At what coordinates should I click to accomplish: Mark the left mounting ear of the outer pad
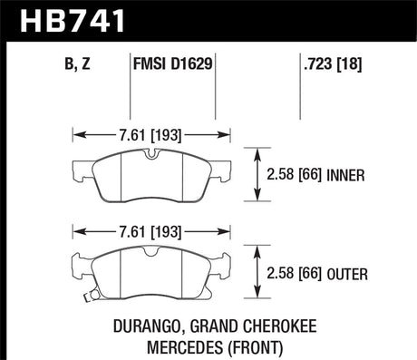pyautogui.click(x=78, y=266)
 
